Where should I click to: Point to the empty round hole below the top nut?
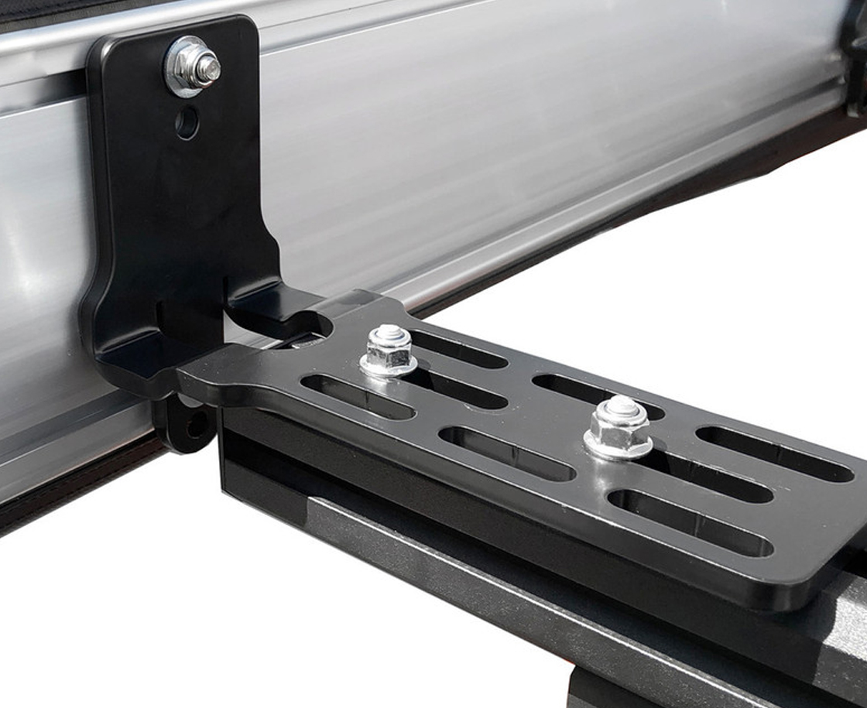(187, 122)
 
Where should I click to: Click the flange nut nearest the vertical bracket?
(389, 352)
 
